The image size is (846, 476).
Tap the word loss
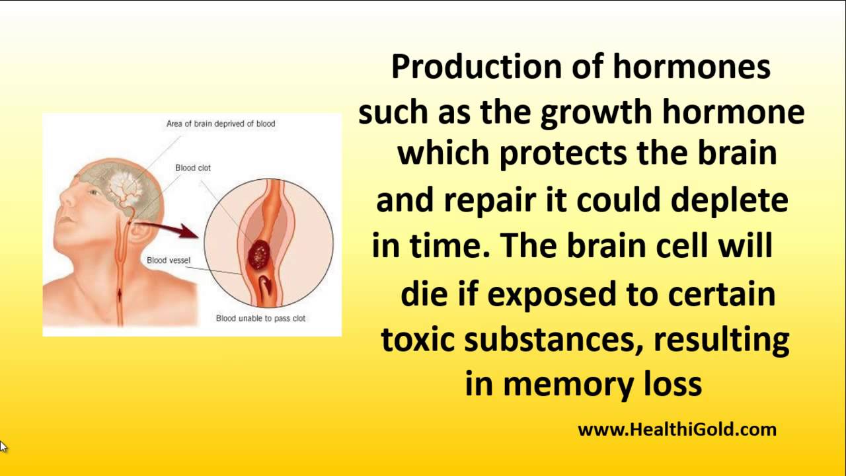pyautogui.click(x=672, y=383)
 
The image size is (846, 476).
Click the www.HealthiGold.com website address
pyautogui.click(x=677, y=430)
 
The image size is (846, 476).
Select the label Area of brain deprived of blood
pyautogui.click(x=221, y=124)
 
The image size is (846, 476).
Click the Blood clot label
pyautogui.click(x=193, y=168)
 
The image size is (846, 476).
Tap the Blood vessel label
pyautogui.click(x=169, y=260)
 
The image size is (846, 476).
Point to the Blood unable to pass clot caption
pyautogui.click(x=260, y=319)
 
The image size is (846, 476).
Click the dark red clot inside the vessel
pyautogui.click(x=258, y=253)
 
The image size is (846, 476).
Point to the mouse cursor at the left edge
pyautogui.click(x=3, y=446)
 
